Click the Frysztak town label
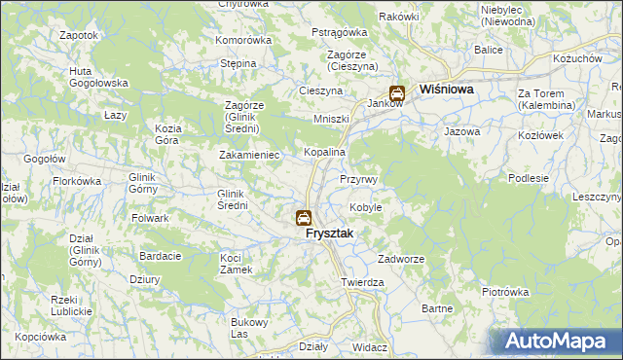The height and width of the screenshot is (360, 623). [329, 234]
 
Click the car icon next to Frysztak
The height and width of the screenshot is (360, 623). [304, 218]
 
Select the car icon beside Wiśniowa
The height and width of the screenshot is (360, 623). [397, 93]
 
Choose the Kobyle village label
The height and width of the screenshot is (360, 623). [365, 207]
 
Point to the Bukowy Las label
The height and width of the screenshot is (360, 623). [247, 328]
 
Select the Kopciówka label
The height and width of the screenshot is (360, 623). [39, 336]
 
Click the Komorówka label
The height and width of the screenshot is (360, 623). [243, 40]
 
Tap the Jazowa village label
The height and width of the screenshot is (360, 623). [462, 130]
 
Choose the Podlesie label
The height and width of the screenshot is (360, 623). [530, 178]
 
